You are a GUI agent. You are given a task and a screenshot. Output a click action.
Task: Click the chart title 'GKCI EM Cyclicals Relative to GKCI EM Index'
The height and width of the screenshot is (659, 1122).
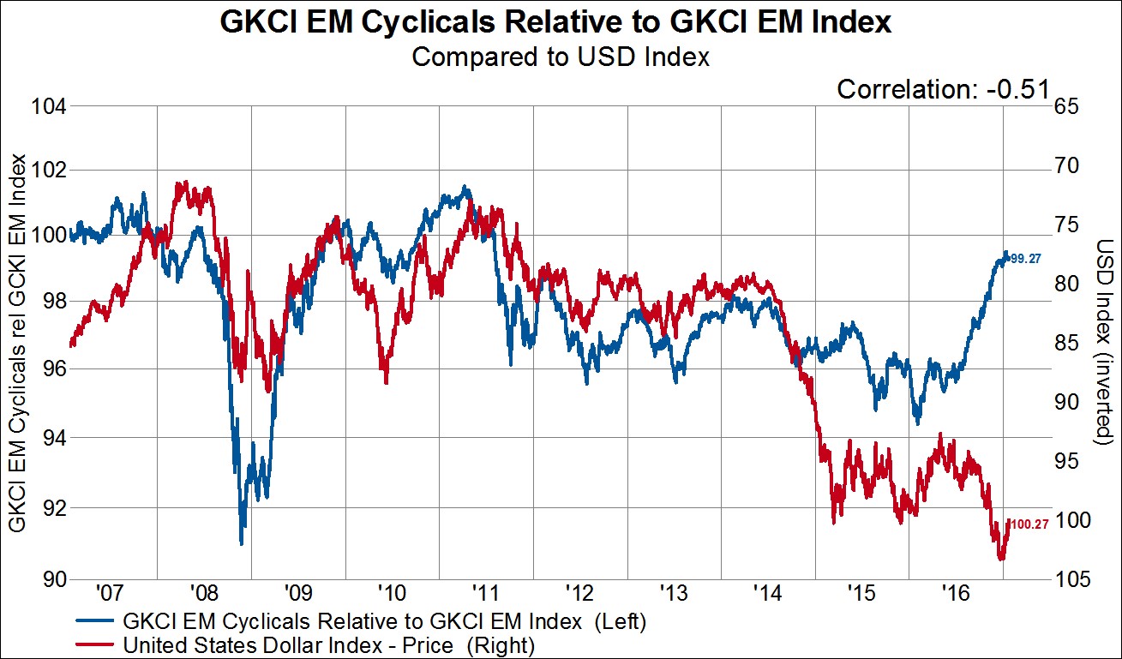click(556, 22)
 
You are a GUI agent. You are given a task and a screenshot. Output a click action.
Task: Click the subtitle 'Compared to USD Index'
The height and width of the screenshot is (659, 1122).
click(561, 57)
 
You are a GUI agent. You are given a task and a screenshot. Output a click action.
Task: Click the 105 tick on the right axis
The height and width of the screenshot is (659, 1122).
click(1074, 579)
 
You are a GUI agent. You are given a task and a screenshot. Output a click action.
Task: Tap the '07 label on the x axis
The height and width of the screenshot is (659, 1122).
click(110, 592)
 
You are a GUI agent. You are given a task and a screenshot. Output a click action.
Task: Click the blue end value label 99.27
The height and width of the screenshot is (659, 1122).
click(1026, 258)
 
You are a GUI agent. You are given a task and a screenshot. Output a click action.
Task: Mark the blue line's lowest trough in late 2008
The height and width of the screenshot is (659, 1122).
click(242, 543)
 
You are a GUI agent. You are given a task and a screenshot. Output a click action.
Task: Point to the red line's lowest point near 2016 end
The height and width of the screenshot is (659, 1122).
click(1000, 559)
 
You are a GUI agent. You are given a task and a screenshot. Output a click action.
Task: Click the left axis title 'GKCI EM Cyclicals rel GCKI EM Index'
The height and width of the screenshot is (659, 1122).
click(16, 343)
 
